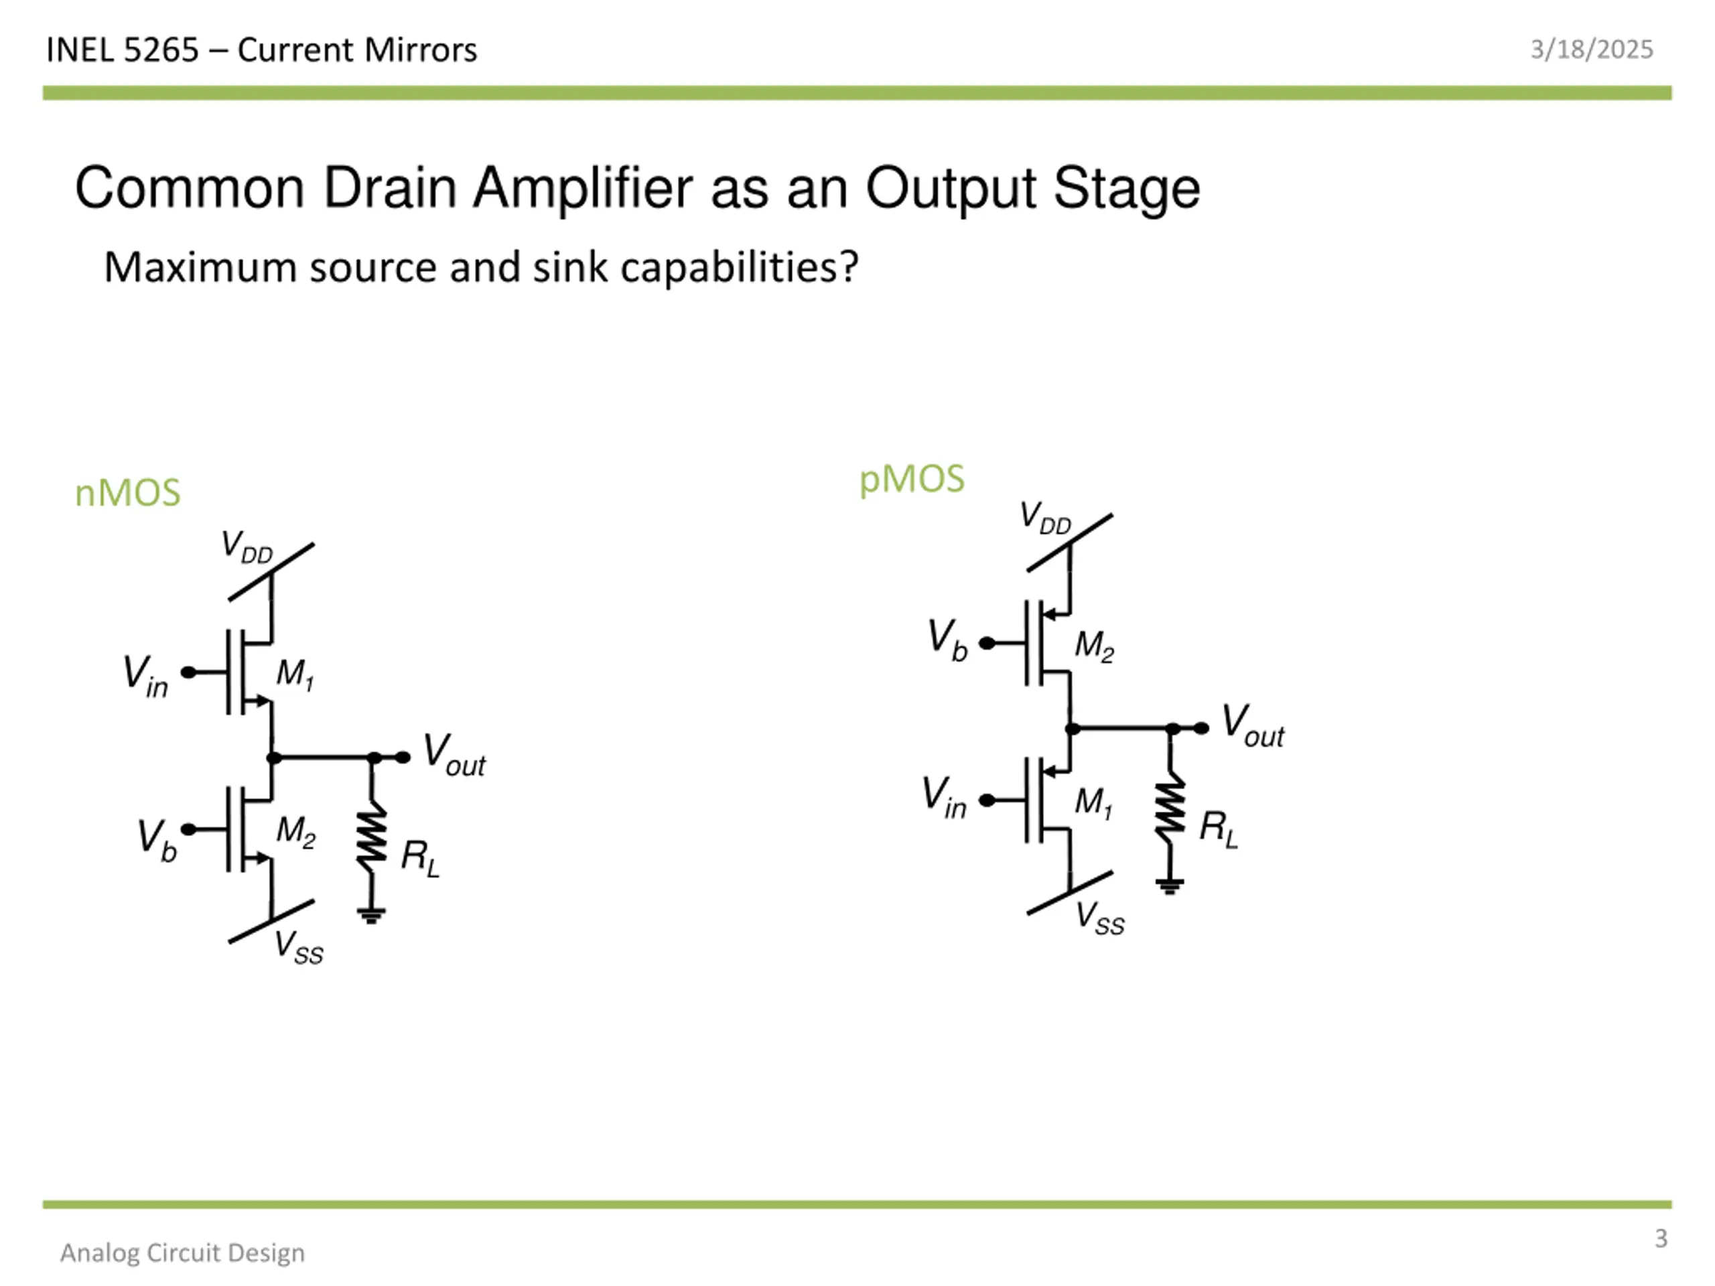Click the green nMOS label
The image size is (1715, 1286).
pyautogui.click(x=128, y=493)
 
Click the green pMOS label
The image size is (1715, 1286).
pyautogui.click(x=912, y=479)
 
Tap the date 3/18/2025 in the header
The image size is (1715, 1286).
pyautogui.click(x=1591, y=50)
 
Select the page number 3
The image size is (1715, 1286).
pyautogui.click(x=1661, y=1238)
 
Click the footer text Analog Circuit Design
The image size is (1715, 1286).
pyautogui.click(x=182, y=1253)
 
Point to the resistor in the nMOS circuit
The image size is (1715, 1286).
pyautogui.click(x=372, y=837)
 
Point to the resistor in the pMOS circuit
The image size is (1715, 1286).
pyautogui.click(x=1170, y=808)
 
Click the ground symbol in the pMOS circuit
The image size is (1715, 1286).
pyautogui.click(x=1170, y=885)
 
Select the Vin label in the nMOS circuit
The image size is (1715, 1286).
pyautogui.click(x=146, y=675)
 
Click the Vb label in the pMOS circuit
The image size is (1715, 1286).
pyautogui.click(x=947, y=640)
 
